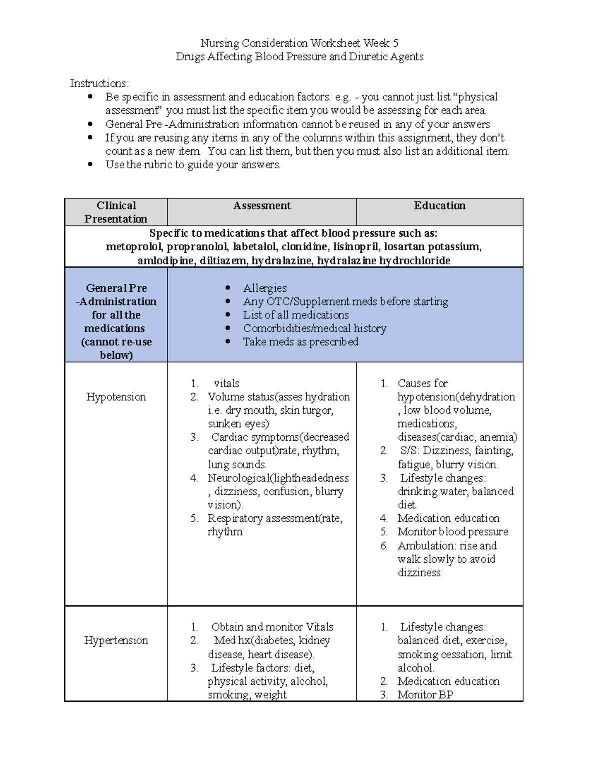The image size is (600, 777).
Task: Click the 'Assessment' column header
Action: coord(262,206)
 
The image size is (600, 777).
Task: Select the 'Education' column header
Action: coord(439,206)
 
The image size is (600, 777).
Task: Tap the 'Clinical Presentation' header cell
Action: coord(115,212)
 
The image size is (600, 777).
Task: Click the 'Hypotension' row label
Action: coord(116,397)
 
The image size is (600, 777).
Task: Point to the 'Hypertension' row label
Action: coord(116,640)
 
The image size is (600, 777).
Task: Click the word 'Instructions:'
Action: coord(99,83)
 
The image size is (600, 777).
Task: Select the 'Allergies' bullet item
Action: coord(265,288)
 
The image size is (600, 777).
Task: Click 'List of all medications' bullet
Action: coord(296,315)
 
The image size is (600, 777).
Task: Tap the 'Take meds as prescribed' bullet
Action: coord(300,342)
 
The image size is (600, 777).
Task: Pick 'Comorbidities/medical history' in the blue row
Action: coord(314,329)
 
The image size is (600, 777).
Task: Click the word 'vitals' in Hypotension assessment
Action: coord(227,384)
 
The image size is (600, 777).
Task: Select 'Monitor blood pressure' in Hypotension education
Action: coord(453,532)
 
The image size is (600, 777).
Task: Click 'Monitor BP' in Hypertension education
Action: coord(425,695)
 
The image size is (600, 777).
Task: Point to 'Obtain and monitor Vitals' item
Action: coord(272,627)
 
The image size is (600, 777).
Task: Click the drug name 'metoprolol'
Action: coord(133,247)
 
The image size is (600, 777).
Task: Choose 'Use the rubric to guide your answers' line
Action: coord(193,165)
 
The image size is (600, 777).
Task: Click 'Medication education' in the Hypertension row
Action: coord(448,681)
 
